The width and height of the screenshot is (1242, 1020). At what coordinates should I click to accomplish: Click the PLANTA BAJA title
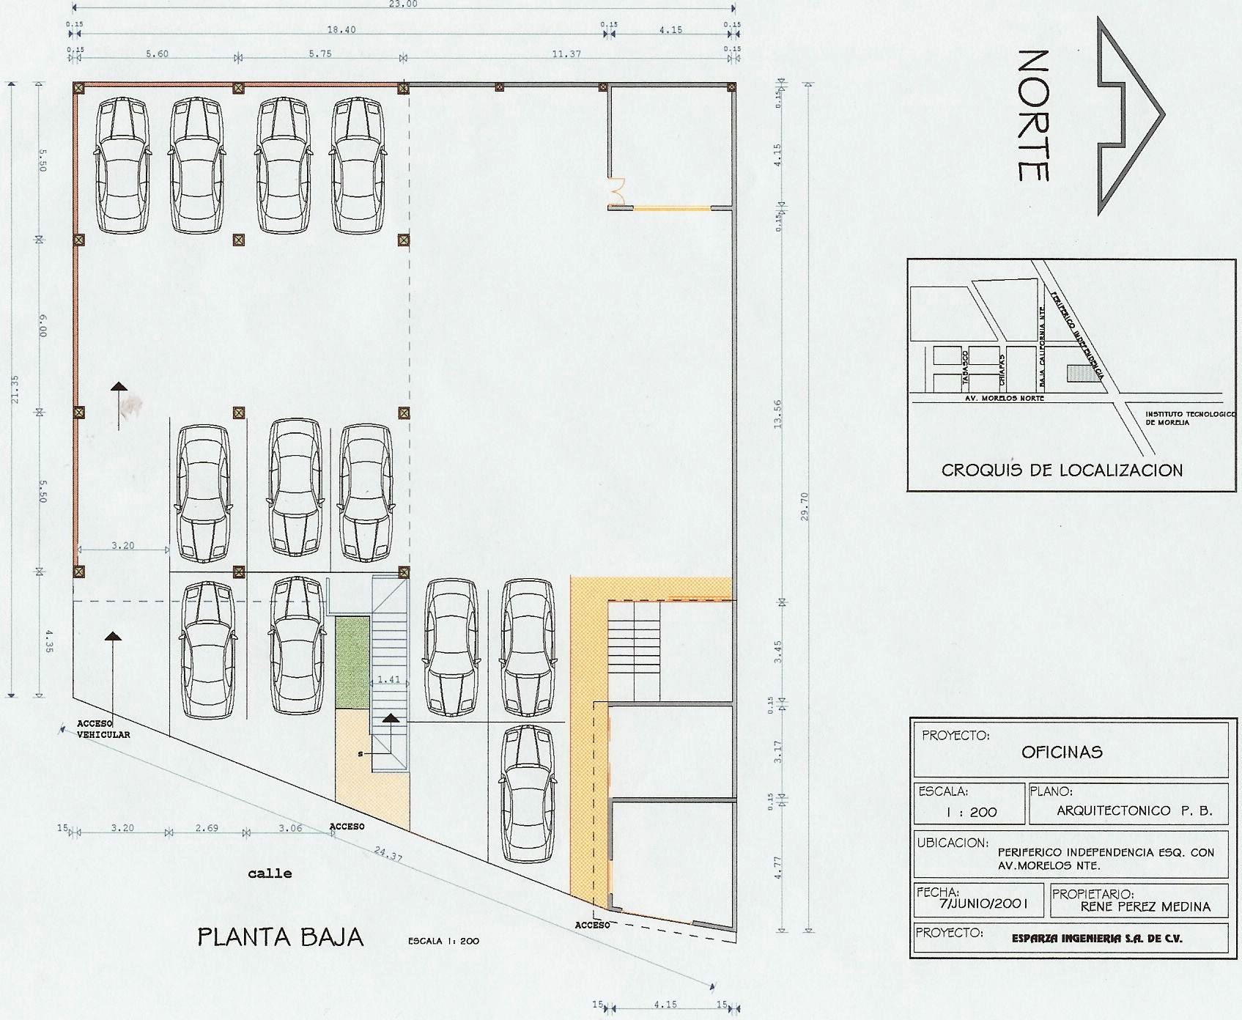281,937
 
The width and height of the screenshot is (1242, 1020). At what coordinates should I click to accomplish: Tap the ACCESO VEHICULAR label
103,729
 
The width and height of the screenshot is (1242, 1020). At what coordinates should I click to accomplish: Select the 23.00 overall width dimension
403,4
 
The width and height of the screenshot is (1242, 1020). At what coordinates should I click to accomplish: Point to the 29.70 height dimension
805,506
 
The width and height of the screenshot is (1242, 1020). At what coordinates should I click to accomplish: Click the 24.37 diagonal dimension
388,854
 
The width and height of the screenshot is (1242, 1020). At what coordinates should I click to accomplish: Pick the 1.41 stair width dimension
389,679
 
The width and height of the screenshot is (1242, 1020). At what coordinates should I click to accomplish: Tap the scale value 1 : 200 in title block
971,813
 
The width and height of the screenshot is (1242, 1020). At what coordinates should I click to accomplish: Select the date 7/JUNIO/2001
984,904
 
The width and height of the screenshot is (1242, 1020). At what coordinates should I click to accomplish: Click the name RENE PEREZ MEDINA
1145,906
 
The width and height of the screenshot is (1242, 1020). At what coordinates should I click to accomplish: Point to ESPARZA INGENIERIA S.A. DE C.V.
1097,938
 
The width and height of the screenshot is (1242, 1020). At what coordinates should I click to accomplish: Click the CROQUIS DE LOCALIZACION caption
1062,470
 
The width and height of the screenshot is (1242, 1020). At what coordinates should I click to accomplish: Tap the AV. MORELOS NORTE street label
1003,398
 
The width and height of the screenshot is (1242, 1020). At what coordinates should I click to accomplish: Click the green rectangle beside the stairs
352,662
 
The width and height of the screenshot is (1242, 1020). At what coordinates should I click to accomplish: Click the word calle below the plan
270,873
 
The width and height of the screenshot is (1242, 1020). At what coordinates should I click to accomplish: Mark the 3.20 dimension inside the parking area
122,545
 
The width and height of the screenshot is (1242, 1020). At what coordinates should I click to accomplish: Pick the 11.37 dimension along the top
566,54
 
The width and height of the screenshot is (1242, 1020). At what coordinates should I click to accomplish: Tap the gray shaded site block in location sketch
1083,373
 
